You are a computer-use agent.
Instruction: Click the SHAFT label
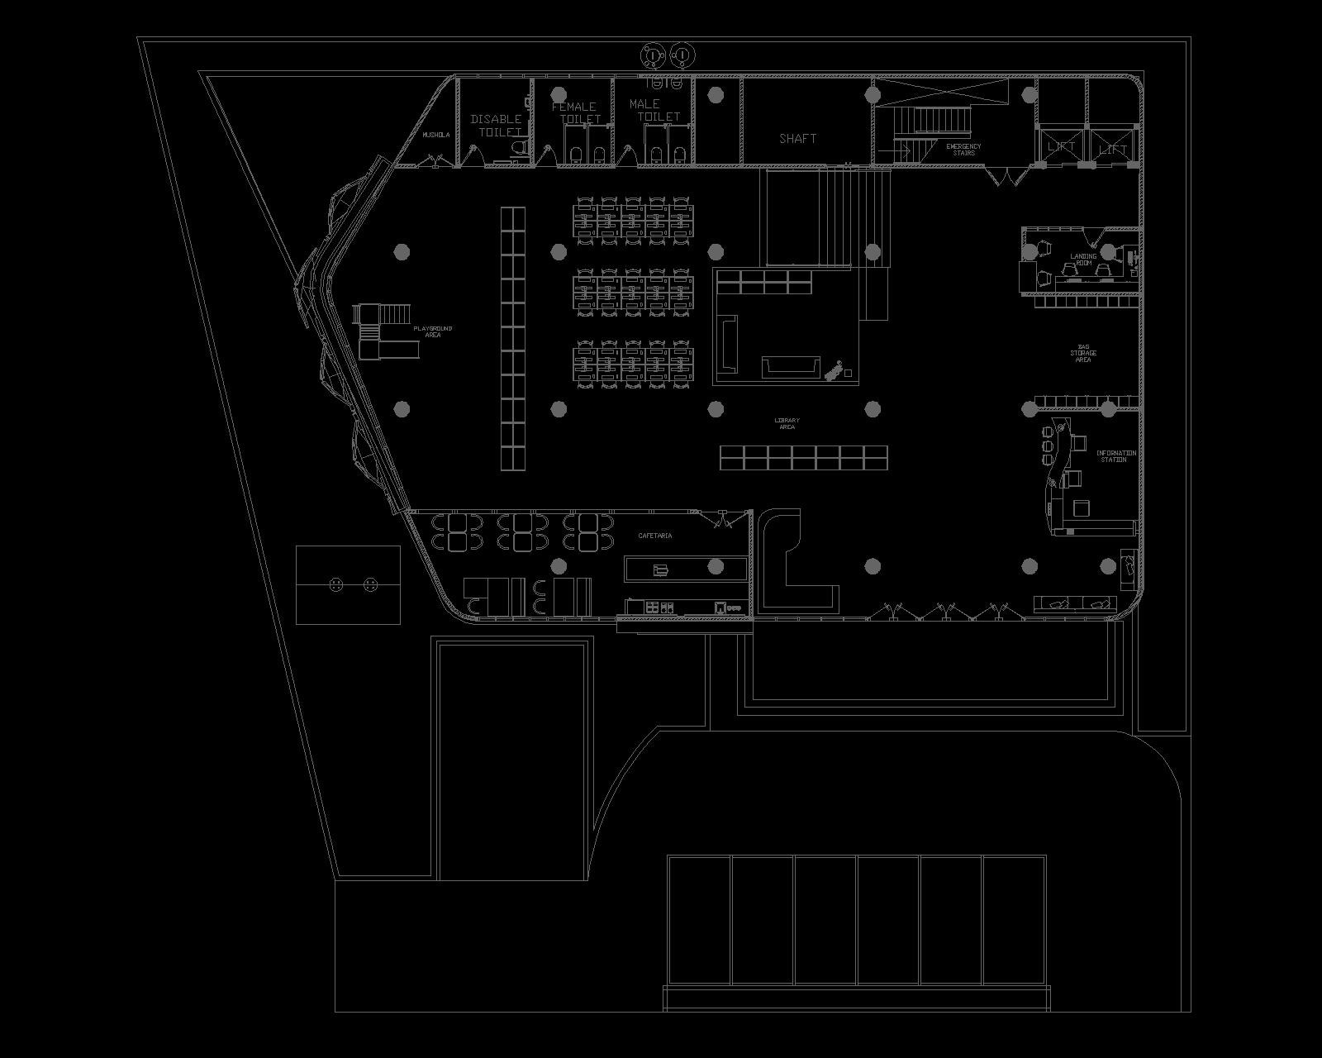(x=797, y=138)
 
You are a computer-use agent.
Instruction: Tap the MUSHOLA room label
(x=436, y=135)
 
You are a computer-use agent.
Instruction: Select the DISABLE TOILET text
(x=497, y=125)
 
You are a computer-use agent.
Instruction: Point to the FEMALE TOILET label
(x=575, y=112)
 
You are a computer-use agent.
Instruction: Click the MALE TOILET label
(x=653, y=110)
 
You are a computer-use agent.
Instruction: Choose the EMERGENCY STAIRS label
(x=963, y=150)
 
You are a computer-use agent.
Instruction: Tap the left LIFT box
(x=1061, y=147)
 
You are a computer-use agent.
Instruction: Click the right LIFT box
(x=1113, y=149)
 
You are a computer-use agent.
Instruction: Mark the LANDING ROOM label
(x=1083, y=260)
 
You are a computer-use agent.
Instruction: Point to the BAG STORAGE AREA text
(x=1083, y=353)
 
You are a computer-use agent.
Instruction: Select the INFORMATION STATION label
(x=1115, y=456)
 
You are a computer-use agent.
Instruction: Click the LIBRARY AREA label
(x=787, y=424)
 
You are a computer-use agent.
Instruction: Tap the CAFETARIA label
(x=655, y=536)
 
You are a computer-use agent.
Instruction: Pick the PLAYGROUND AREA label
(x=433, y=331)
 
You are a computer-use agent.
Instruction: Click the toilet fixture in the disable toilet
(x=519, y=149)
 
